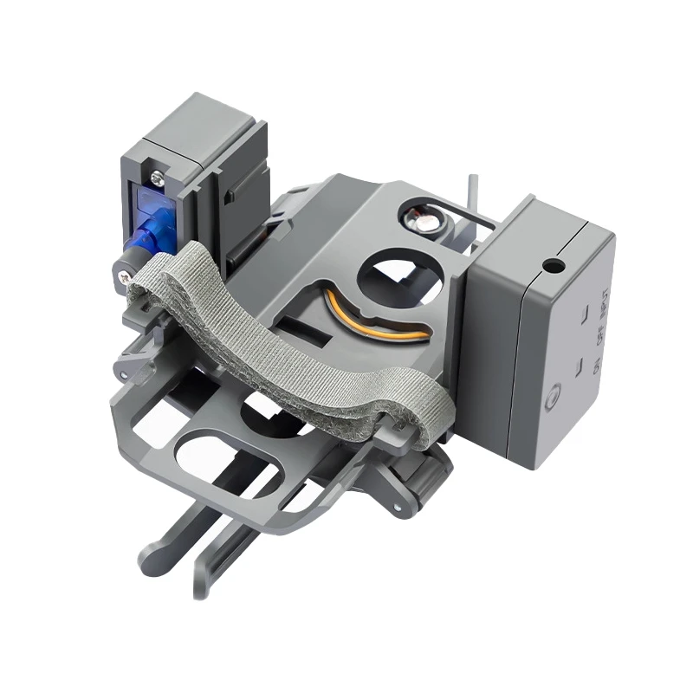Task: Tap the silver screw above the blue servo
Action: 156,178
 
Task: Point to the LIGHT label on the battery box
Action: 605,308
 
